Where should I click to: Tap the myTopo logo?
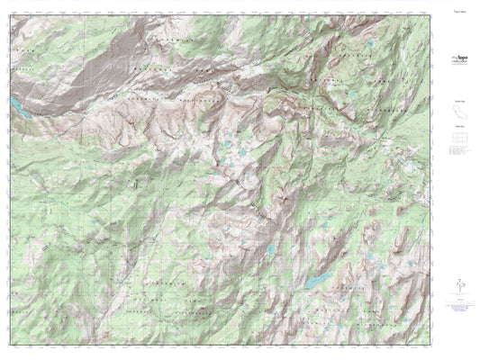(x=460, y=58)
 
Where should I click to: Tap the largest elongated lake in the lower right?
(x=317, y=282)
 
